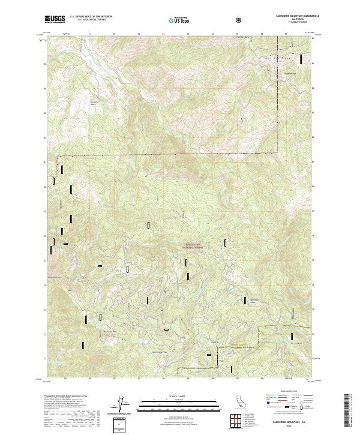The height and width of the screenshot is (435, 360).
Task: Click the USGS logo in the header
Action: (x=55, y=20)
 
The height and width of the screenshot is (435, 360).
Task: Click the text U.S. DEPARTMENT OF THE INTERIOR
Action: (x=91, y=17)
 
